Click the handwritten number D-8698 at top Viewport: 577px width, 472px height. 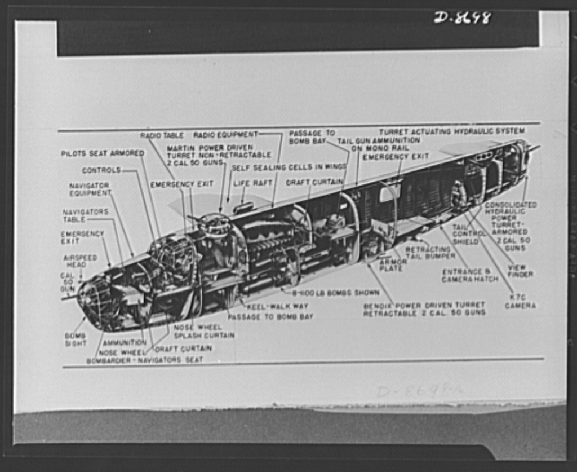pyautogui.click(x=462, y=17)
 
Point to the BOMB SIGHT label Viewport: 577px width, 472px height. pyautogui.click(x=76, y=339)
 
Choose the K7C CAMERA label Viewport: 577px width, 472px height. pyautogui.click(x=520, y=301)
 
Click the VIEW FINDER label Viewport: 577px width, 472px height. pyautogui.click(x=520, y=271)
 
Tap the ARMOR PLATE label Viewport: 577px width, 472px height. pyautogui.click(x=391, y=265)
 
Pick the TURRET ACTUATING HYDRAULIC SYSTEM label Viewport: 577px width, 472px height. pyautogui.click(x=451, y=131)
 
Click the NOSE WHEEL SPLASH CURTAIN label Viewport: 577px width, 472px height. pyautogui.click(x=204, y=331)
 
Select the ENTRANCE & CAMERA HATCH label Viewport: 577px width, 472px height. pyautogui.click(x=470, y=275)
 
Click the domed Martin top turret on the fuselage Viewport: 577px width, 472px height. pyautogui.click(x=215, y=224)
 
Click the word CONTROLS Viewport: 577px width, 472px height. pyautogui.click(x=101, y=170)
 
